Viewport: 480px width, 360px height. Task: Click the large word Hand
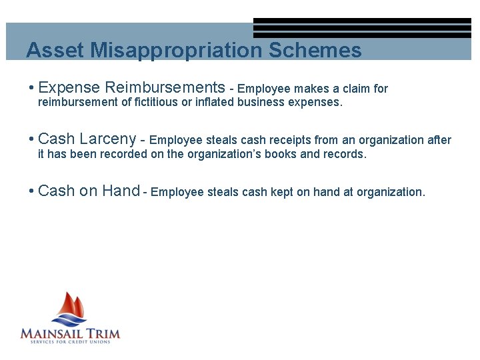click(x=121, y=191)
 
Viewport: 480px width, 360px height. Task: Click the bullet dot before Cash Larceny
click(x=31, y=140)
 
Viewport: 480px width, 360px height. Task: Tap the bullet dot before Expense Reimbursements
click(x=31, y=88)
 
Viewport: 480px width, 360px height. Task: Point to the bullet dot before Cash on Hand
click(x=31, y=192)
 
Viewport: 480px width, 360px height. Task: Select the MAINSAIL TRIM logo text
click(x=70, y=333)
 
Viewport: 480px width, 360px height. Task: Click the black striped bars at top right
click(x=362, y=28)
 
